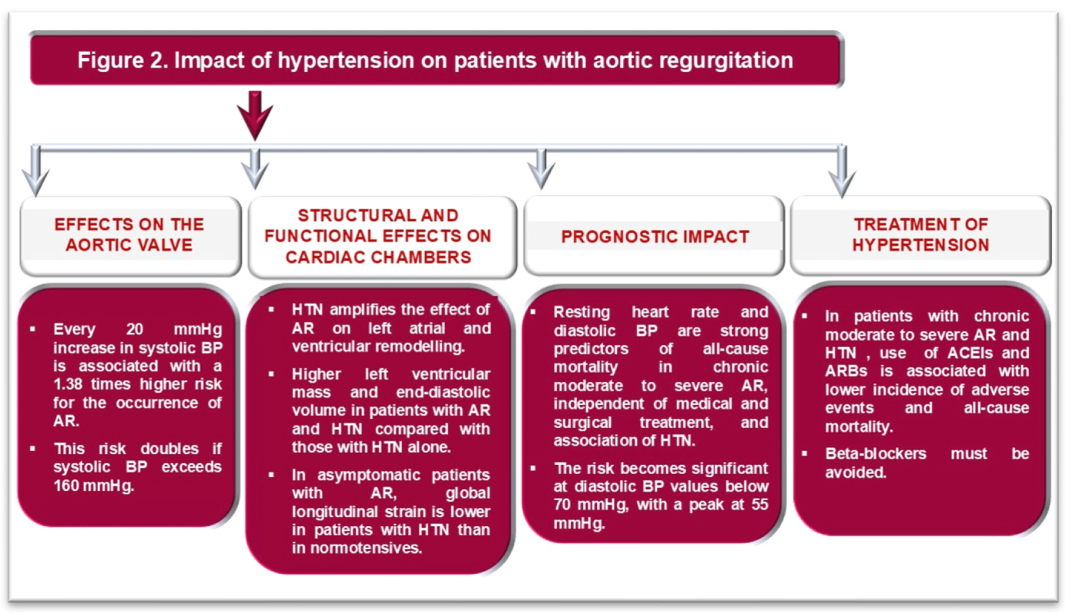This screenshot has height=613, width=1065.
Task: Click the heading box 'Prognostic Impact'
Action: (654, 237)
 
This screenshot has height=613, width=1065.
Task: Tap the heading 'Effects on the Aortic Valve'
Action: (129, 235)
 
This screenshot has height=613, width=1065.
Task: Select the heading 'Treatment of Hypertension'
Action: (920, 235)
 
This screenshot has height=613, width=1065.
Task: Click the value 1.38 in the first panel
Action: (68, 384)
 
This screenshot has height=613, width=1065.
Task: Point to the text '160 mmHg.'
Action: (94, 486)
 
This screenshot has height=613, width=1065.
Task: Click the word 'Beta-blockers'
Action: (875, 453)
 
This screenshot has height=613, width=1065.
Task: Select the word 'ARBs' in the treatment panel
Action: (846, 371)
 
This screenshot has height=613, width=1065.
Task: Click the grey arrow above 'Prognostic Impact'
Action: (541, 170)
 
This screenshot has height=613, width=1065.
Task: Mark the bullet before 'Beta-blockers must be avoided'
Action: (804, 453)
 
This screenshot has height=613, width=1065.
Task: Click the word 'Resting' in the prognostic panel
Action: (581, 312)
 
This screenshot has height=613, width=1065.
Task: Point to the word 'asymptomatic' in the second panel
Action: (369, 475)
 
